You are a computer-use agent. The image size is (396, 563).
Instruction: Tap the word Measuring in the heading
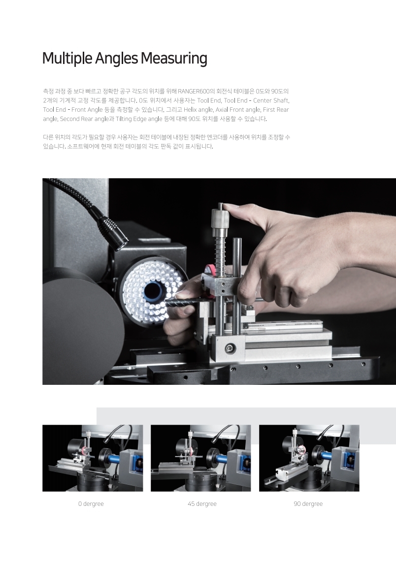coord(174,58)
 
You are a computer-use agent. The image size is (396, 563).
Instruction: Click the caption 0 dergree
coord(91,504)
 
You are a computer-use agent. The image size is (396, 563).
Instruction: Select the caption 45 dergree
coord(202,504)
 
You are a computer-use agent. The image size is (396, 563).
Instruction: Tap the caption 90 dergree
coord(308,504)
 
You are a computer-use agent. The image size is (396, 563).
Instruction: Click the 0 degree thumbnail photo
coord(93,458)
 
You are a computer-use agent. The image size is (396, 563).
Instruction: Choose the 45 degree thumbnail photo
coord(200,458)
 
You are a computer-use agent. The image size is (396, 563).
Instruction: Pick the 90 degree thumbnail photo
coord(309,458)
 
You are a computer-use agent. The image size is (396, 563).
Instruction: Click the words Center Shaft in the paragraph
coord(271,100)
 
